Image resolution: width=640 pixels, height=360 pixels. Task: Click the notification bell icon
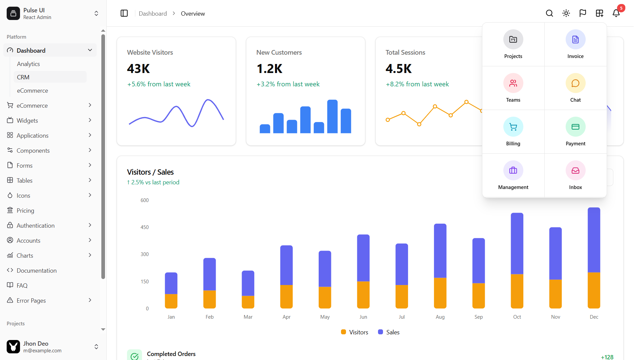click(616, 13)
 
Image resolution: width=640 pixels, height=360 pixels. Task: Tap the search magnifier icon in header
click(549, 13)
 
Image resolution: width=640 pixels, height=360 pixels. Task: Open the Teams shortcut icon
click(513, 83)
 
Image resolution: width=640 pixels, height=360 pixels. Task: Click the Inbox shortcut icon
click(575, 171)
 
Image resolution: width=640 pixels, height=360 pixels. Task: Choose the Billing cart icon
click(513, 127)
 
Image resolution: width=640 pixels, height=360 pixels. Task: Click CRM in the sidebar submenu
click(23, 77)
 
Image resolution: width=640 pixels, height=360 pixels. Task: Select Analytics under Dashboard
click(28, 64)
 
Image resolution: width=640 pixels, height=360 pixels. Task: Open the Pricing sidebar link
click(25, 210)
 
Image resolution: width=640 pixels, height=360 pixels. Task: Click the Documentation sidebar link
click(37, 270)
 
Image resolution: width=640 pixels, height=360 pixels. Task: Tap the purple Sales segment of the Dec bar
click(594, 240)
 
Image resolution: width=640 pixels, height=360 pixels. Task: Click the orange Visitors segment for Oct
click(517, 291)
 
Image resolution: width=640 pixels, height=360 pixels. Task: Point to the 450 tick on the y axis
click(145, 227)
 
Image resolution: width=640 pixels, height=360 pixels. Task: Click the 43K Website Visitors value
click(138, 69)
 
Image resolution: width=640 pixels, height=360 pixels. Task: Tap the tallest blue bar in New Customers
click(332, 117)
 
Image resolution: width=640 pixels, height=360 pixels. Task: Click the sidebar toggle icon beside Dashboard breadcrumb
click(124, 13)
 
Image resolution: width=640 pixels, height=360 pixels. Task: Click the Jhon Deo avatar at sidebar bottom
click(13, 347)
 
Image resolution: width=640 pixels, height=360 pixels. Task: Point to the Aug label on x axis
click(440, 317)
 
